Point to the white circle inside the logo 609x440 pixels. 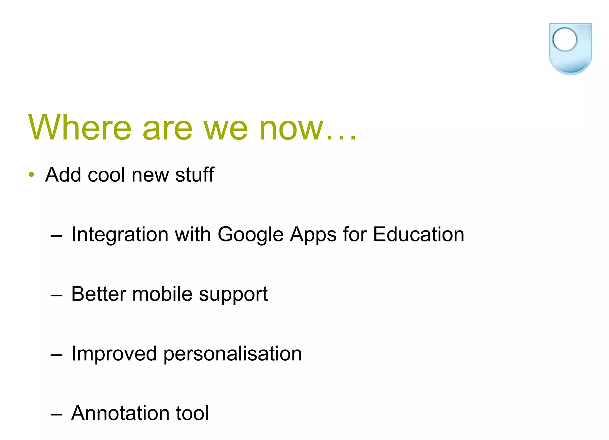(x=564, y=40)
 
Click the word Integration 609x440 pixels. (x=120, y=235)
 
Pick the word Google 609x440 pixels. (x=251, y=235)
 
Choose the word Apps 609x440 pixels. (x=313, y=235)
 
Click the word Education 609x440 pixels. (x=418, y=234)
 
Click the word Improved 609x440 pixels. (x=114, y=354)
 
